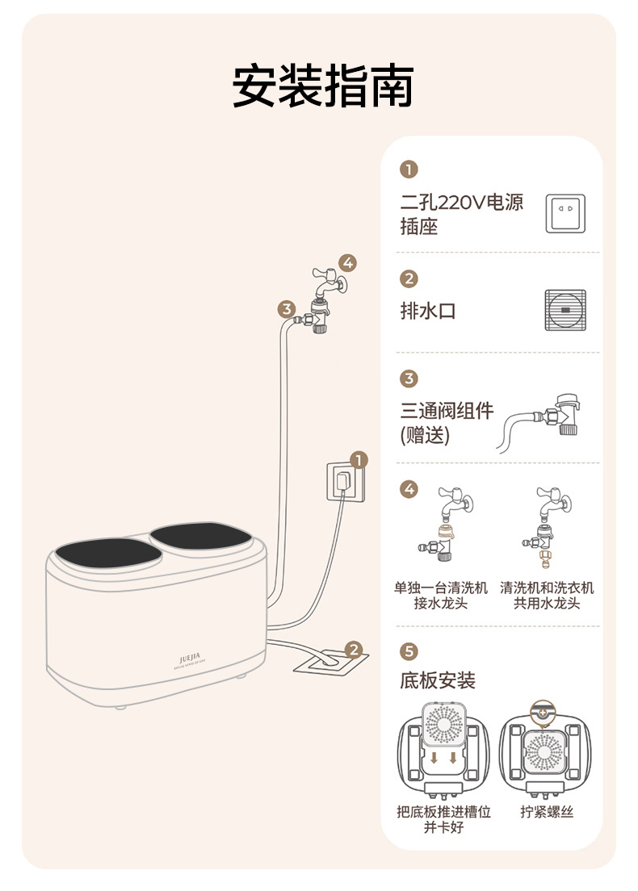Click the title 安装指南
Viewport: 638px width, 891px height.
click(x=323, y=87)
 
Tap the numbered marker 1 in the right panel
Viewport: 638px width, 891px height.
click(x=409, y=169)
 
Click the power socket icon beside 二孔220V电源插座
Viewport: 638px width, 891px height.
click(x=565, y=214)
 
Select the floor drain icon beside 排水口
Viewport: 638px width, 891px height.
click(x=565, y=311)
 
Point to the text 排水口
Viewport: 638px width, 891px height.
click(x=428, y=311)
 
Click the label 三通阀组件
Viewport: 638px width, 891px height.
click(x=447, y=411)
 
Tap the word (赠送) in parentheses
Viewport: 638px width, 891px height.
click(x=425, y=436)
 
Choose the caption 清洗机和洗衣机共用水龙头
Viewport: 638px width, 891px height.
click(x=547, y=596)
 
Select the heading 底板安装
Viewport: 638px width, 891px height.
click(x=438, y=680)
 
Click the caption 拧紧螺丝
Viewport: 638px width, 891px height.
click(x=547, y=812)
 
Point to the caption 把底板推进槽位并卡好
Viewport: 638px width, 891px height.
click(x=443, y=819)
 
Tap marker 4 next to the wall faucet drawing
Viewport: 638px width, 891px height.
click(x=347, y=262)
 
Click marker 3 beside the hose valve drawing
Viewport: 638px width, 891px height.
click(x=286, y=308)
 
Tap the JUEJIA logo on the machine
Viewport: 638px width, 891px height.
click(x=191, y=659)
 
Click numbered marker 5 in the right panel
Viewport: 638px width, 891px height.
click(x=409, y=650)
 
